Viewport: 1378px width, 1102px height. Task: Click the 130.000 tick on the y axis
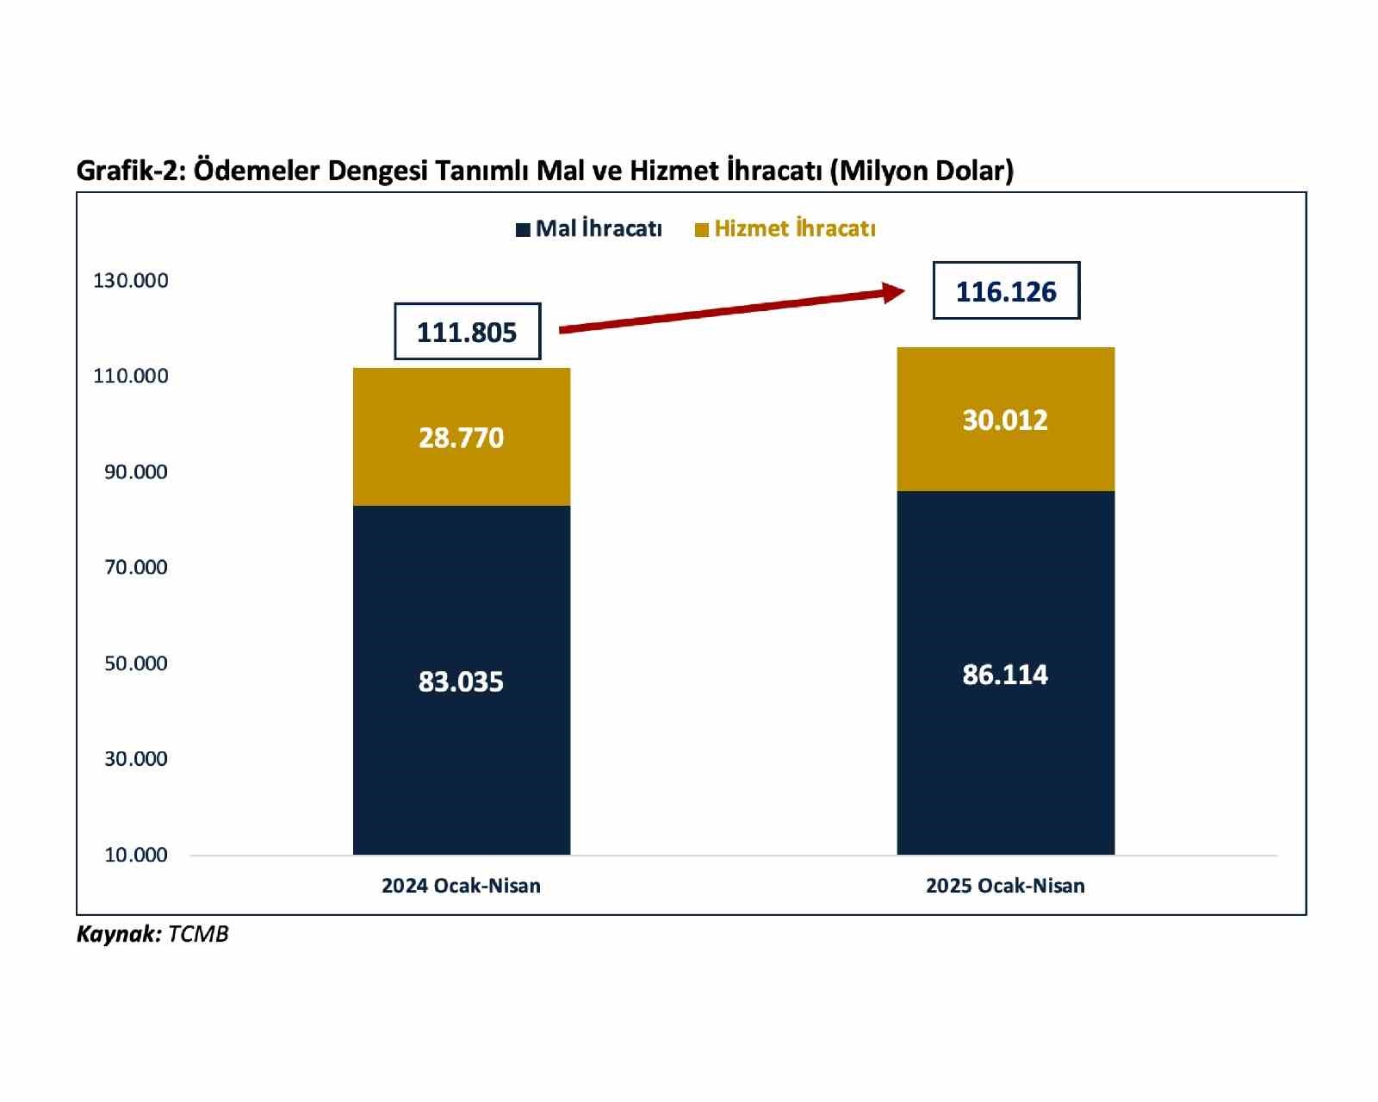[x=131, y=281]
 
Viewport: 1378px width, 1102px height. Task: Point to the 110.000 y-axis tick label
[x=131, y=377]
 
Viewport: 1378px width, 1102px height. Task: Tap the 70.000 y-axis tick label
[x=136, y=568]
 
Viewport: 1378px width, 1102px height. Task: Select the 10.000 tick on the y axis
[x=136, y=856]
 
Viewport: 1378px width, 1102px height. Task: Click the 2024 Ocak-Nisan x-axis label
[x=461, y=886]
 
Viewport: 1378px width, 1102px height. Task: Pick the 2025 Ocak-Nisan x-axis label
[x=1005, y=886]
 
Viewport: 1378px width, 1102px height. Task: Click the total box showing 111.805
[x=467, y=332]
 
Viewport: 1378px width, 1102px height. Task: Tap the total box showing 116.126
[x=1006, y=291]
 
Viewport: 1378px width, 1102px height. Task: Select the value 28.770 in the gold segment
[x=461, y=439]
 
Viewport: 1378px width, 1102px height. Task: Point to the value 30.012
[x=1005, y=420]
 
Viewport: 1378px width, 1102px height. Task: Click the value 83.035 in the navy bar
[x=461, y=682]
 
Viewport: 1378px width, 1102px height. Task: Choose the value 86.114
[x=1005, y=675]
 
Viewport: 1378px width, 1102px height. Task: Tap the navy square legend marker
[x=523, y=230]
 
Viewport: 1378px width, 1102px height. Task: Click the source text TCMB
[x=198, y=935]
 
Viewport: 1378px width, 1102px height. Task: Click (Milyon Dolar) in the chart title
[x=921, y=171]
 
